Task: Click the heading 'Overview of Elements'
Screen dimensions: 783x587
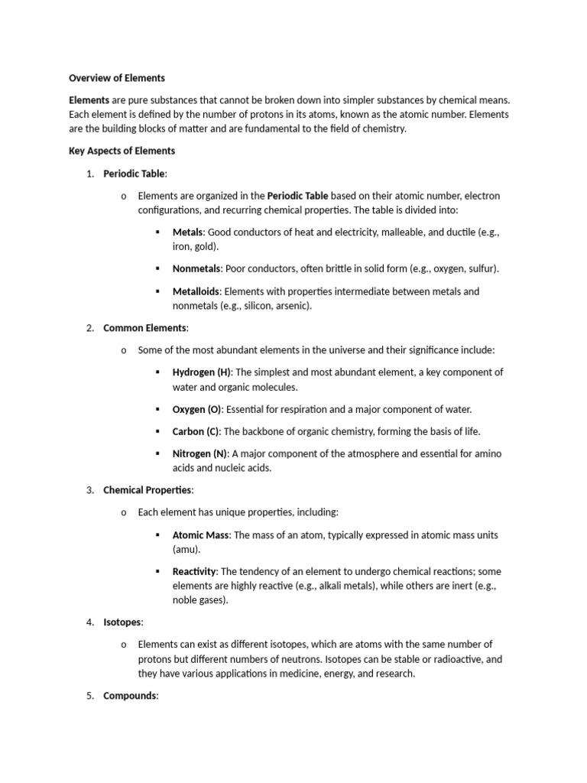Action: coord(117,78)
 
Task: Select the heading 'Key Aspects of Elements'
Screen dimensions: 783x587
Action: coord(122,151)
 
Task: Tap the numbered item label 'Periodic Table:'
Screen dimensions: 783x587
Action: coord(135,174)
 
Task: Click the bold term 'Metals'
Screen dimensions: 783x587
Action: coord(188,232)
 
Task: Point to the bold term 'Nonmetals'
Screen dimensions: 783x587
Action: coord(196,268)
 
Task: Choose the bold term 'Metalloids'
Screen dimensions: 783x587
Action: coord(197,291)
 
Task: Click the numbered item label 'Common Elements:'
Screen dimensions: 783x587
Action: coord(146,328)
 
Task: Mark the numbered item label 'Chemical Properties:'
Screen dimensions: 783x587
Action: coord(149,490)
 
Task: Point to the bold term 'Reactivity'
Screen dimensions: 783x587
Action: coord(195,571)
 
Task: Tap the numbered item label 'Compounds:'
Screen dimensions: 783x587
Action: coord(131,696)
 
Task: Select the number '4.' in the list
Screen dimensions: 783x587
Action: coord(89,622)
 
